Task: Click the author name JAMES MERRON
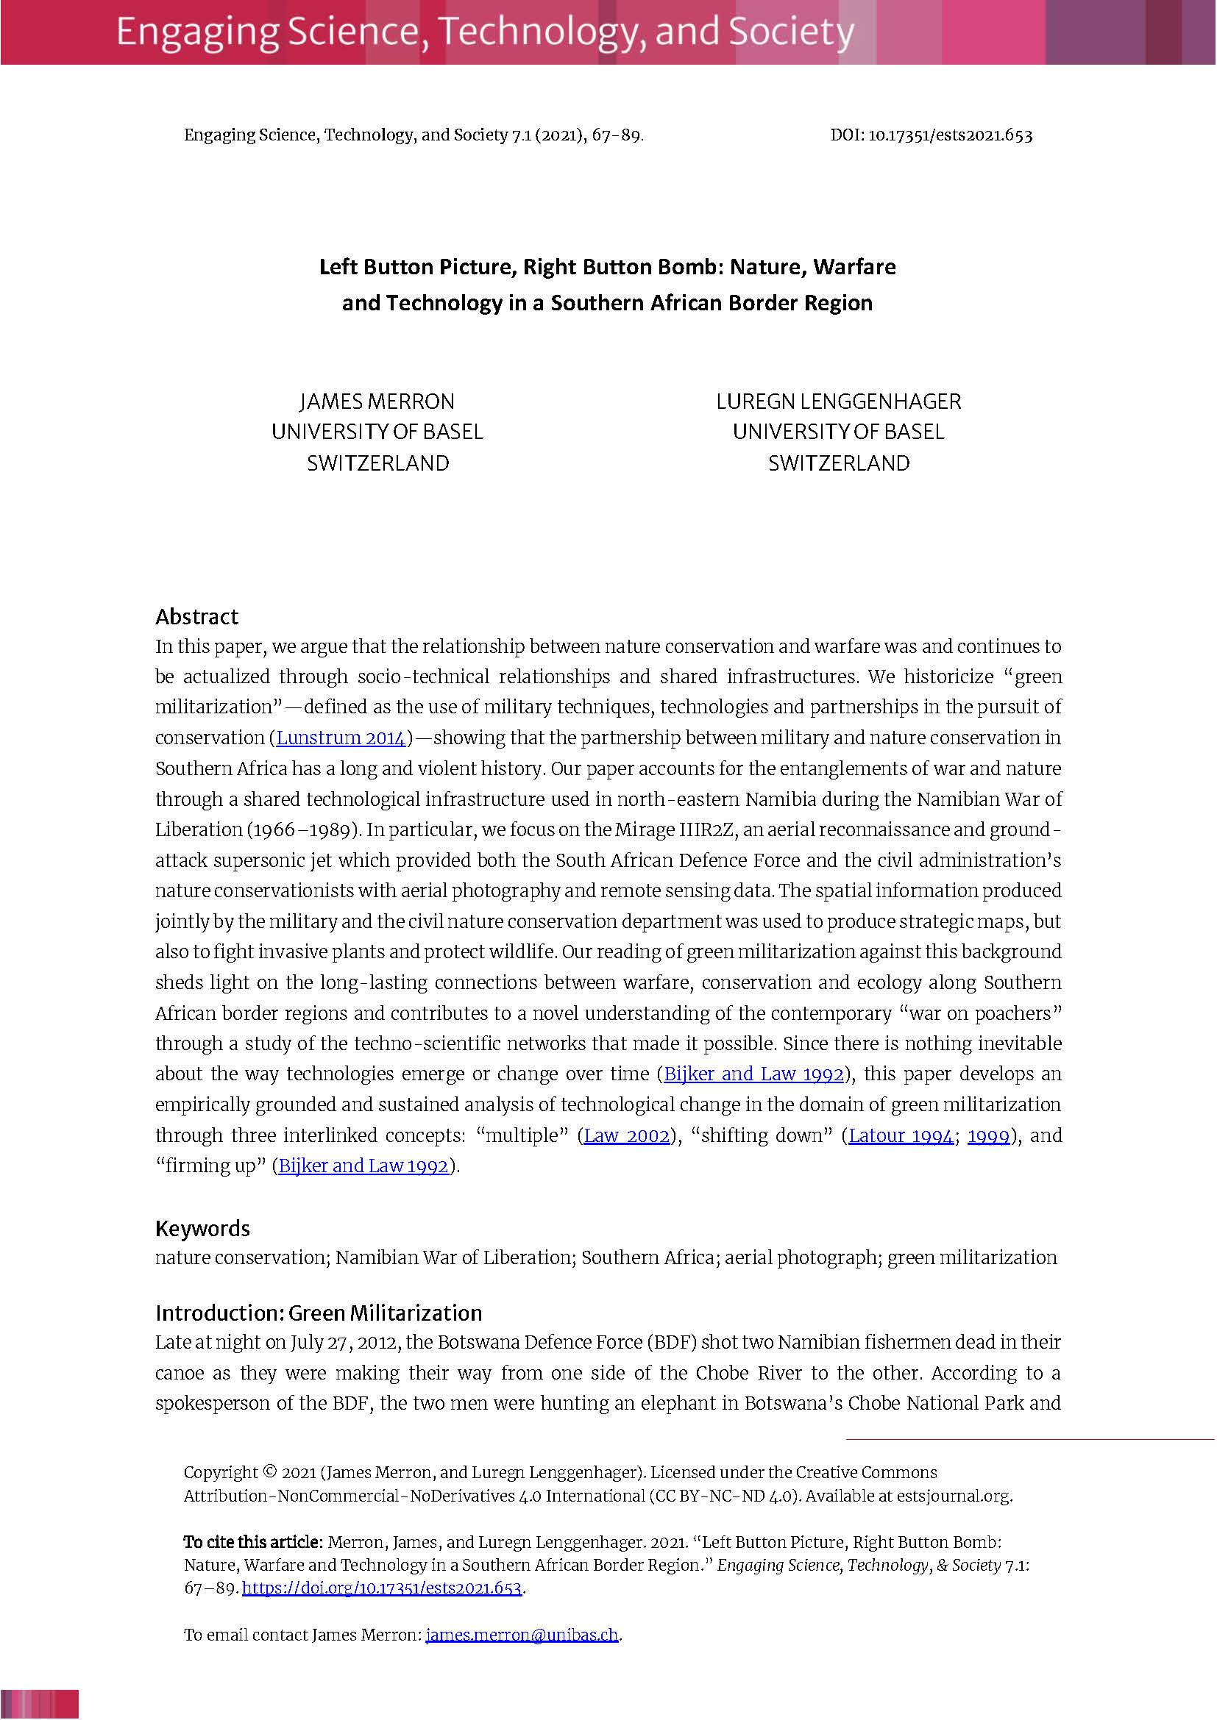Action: [x=377, y=402]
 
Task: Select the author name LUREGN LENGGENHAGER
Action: [x=838, y=402]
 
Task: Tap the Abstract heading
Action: [x=196, y=616]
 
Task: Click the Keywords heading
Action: [x=202, y=1229]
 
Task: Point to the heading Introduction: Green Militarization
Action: [x=319, y=1313]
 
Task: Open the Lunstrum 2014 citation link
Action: [x=341, y=738]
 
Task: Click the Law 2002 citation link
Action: [x=626, y=1135]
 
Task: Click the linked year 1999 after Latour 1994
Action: [x=988, y=1135]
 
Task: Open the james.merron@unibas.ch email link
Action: [x=522, y=1635]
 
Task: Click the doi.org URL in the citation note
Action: [x=381, y=1588]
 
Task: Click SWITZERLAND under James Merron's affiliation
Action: [x=377, y=463]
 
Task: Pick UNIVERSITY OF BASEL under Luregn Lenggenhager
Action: [x=838, y=432]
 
